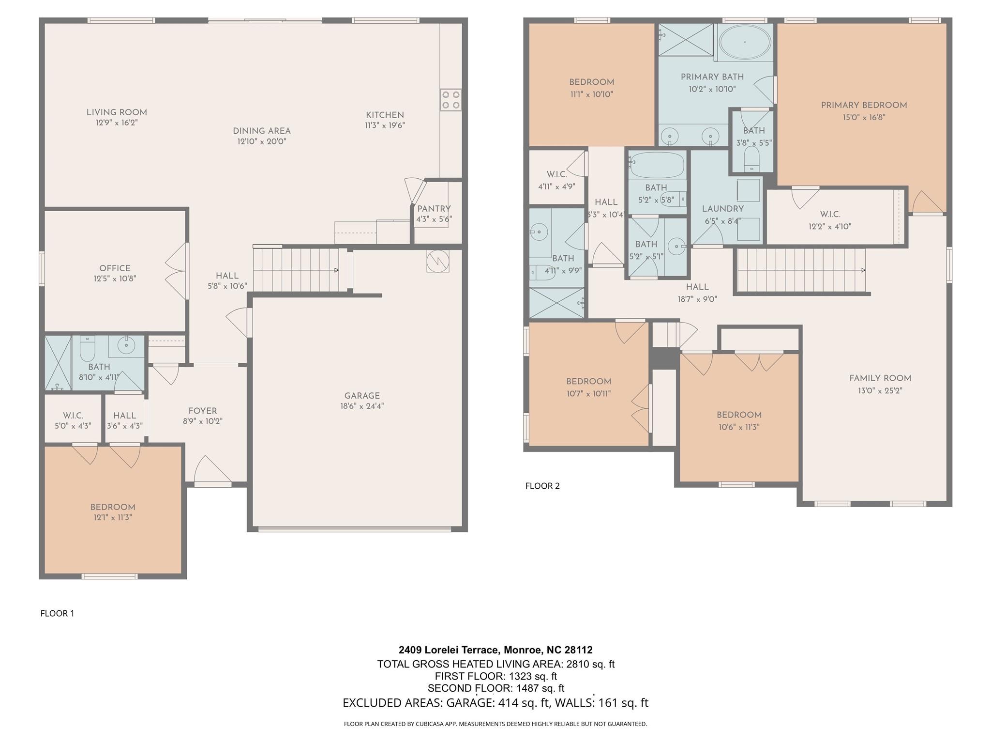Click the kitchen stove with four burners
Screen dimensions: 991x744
450,100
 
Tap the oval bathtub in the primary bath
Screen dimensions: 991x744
745,42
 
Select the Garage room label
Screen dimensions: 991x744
362,396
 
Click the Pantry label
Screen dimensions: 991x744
434,209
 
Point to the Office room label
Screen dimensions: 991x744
115,268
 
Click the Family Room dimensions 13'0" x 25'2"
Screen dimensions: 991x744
880,390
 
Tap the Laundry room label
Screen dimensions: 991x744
722,209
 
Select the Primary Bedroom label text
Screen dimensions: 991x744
864,105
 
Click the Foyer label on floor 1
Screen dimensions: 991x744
203,411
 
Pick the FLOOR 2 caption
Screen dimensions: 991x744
542,486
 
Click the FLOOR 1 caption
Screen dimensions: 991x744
57,613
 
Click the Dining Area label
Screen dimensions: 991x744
262,131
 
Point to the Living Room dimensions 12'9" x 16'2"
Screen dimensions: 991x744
117,123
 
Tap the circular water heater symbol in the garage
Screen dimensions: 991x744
438,262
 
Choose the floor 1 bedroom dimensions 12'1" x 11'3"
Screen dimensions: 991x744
113,517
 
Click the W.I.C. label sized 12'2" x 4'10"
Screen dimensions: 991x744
830,214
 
